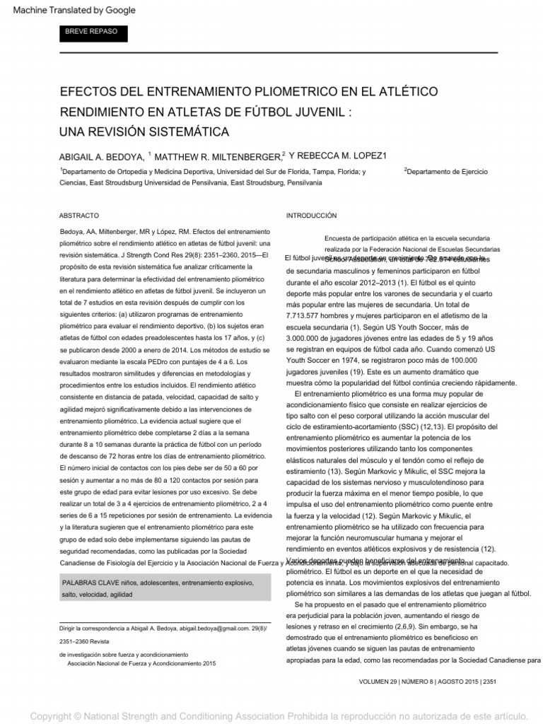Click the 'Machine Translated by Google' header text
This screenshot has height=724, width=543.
point(74,11)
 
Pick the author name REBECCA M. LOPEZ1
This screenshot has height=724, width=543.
point(344,156)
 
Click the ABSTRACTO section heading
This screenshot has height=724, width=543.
point(79,215)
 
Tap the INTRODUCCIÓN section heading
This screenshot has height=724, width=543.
point(310,215)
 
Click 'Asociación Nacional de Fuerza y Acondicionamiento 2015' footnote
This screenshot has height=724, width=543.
point(141,664)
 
